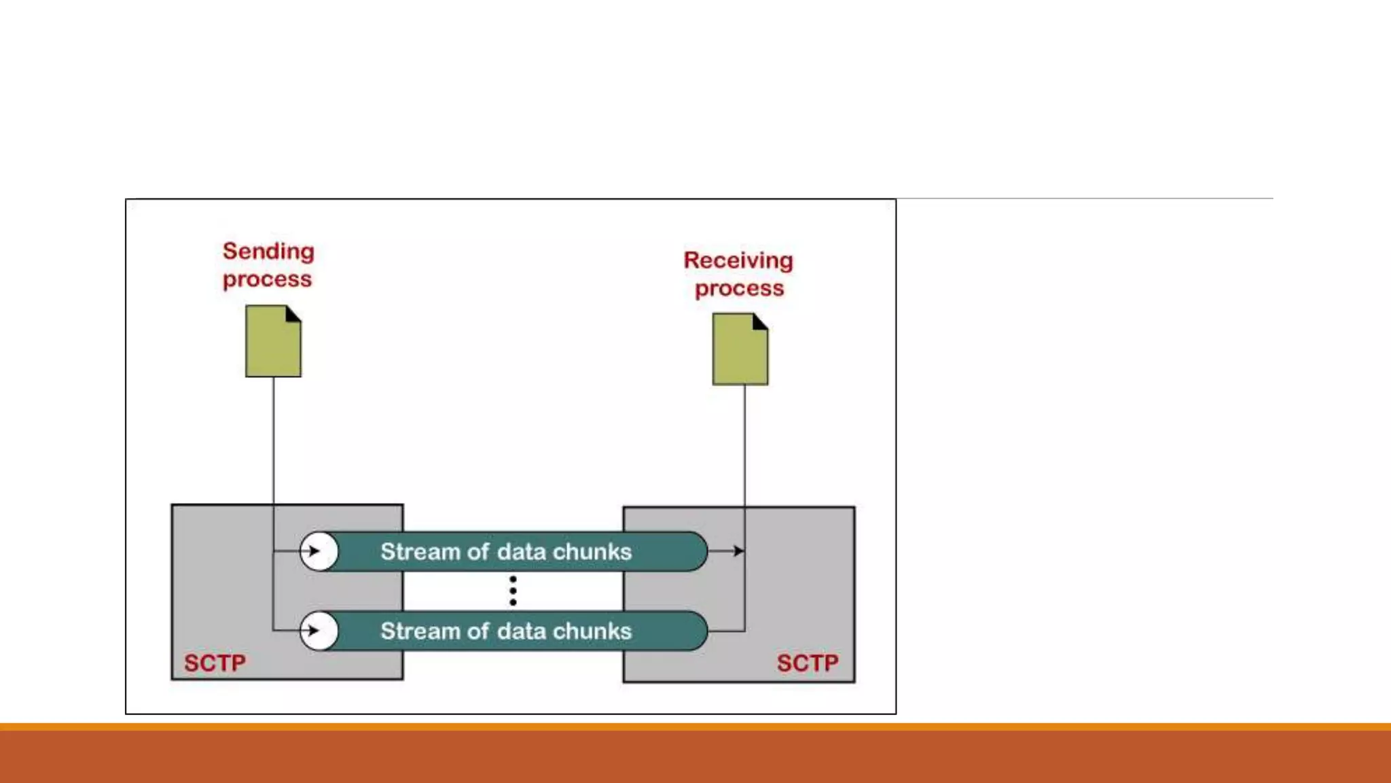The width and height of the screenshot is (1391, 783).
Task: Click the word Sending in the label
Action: [x=268, y=251]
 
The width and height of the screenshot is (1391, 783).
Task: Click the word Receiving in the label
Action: [x=738, y=260]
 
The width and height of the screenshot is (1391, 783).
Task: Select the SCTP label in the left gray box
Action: [x=215, y=663]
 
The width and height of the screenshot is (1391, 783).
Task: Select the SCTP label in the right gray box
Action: [x=808, y=663]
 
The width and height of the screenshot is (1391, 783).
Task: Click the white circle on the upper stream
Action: [x=319, y=551]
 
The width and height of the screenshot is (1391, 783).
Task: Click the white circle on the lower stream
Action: [x=319, y=631]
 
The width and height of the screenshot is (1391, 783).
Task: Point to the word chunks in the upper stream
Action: [x=592, y=552]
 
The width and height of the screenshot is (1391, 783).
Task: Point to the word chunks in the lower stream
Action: [x=592, y=631]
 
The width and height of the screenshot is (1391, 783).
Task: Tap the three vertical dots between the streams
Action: [x=513, y=591]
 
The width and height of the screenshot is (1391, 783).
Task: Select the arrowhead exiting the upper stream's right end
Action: [x=738, y=551]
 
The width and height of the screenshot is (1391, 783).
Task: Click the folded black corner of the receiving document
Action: [x=761, y=321]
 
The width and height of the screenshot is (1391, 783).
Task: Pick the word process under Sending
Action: [x=267, y=279]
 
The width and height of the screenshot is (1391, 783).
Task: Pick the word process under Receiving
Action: [x=739, y=289]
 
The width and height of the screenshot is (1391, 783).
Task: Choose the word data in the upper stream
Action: [x=520, y=552]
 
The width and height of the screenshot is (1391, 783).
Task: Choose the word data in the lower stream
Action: [x=520, y=631]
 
